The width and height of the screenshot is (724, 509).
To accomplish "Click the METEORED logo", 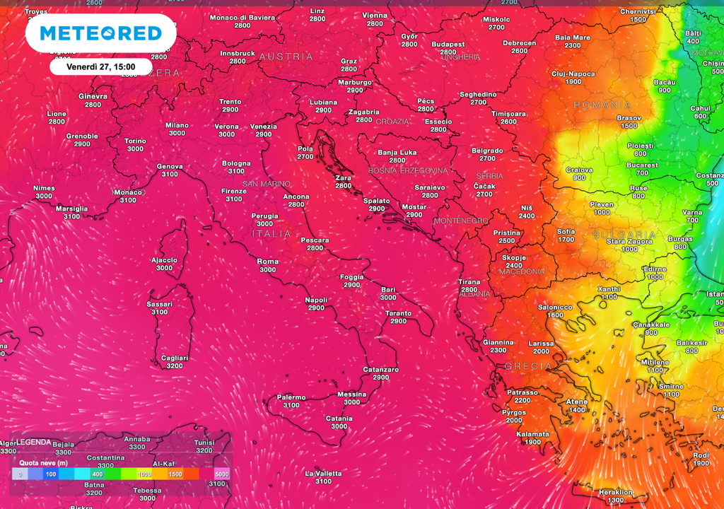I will coord(101,33).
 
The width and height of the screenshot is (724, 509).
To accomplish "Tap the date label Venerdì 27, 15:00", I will coord(100,66).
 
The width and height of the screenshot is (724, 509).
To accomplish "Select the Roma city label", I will coord(268,262).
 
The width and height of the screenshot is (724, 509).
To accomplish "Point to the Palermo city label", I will coord(291,397).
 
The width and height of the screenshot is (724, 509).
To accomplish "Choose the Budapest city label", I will coord(448,44).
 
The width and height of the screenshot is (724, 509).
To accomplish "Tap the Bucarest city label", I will coord(641,165).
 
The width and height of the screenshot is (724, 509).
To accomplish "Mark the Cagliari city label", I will coord(174,358).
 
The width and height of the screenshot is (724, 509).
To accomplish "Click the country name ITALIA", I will coord(271,233).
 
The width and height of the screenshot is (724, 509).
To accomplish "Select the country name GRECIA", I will coord(527,366).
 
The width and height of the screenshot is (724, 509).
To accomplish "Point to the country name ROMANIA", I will coord(602,105).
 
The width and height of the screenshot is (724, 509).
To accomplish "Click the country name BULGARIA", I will coord(624,235).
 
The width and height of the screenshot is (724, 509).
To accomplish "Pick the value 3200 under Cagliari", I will coord(174,366).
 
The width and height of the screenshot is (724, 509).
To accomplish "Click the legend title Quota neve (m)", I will coord(43,462).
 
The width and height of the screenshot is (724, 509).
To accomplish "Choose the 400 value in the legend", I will coord(97,474).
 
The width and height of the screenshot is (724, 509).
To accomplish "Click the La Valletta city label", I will coord(323,473).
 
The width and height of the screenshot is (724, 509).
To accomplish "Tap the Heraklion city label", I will coord(615,491).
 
